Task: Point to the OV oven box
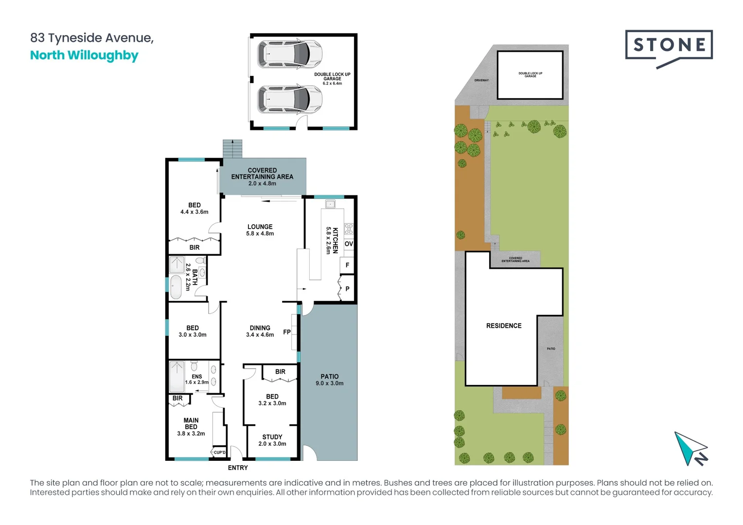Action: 349,244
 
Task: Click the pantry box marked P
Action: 347,289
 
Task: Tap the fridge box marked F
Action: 347,265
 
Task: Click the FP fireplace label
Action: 287,332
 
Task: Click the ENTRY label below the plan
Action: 238,468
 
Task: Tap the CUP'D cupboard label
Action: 219,453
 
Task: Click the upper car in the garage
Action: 290,53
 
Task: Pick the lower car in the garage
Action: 290,100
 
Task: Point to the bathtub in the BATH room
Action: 176,287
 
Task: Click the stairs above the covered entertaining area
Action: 232,149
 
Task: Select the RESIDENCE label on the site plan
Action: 504,326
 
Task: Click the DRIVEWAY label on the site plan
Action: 481,80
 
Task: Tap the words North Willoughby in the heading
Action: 84,55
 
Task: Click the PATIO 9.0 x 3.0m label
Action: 329,380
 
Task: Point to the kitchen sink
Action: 330,204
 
